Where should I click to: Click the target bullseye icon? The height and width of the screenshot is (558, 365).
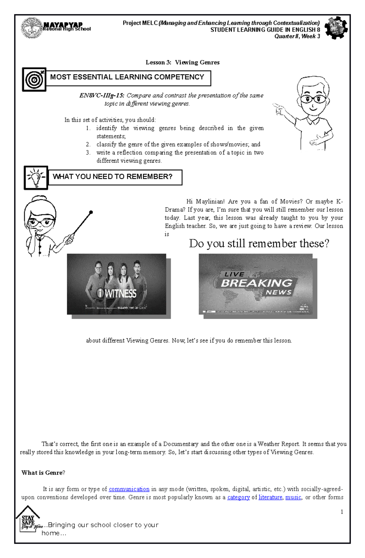[34, 80]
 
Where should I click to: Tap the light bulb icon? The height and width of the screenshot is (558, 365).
[36, 178]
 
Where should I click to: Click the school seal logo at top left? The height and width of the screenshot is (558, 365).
[31, 28]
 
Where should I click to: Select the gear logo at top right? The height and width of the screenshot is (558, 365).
[336, 28]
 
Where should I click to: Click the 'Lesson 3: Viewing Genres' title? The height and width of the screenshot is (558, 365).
[182, 62]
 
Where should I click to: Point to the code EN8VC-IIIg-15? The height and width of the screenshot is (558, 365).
[102, 95]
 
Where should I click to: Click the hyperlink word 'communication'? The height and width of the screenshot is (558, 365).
[129, 489]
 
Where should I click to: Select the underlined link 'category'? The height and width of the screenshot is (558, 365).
[238, 497]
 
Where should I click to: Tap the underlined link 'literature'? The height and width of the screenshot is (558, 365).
[270, 497]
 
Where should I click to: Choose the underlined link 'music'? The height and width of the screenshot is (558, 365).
[293, 497]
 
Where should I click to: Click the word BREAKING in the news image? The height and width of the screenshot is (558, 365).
[256, 283]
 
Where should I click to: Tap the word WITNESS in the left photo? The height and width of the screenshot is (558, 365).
[121, 293]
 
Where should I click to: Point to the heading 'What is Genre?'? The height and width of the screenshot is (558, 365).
[43, 473]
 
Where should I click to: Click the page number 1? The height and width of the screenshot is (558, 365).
[342, 512]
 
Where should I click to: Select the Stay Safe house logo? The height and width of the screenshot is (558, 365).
[28, 519]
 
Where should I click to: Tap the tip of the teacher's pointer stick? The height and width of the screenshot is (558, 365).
[91, 212]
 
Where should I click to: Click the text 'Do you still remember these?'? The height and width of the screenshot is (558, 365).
[259, 244]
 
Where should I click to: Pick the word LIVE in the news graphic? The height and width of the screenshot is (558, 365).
[234, 274]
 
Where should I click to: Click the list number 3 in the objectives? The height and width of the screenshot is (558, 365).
[88, 153]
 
